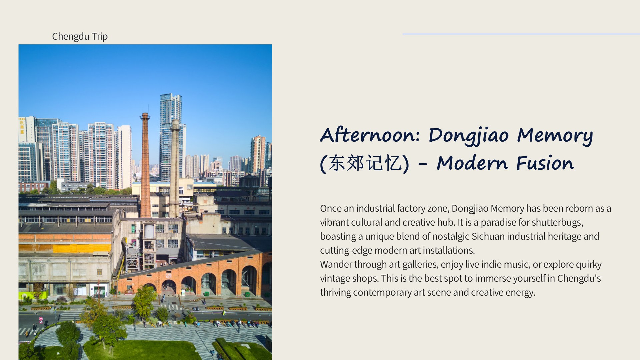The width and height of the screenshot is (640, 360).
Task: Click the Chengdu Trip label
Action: click(x=80, y=36)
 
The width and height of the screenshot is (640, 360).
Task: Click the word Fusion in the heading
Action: click(x=545, y=163)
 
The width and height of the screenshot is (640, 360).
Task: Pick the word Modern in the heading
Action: click(x=472, y=163)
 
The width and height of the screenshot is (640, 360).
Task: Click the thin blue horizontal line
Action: click(x=521, y=34)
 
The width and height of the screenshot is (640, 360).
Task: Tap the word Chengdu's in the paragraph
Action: click(x=579, y=278)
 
